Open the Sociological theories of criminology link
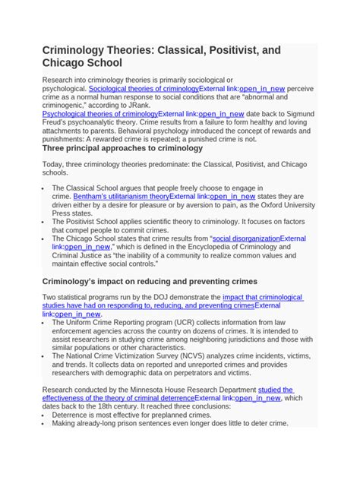coord(144,89)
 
